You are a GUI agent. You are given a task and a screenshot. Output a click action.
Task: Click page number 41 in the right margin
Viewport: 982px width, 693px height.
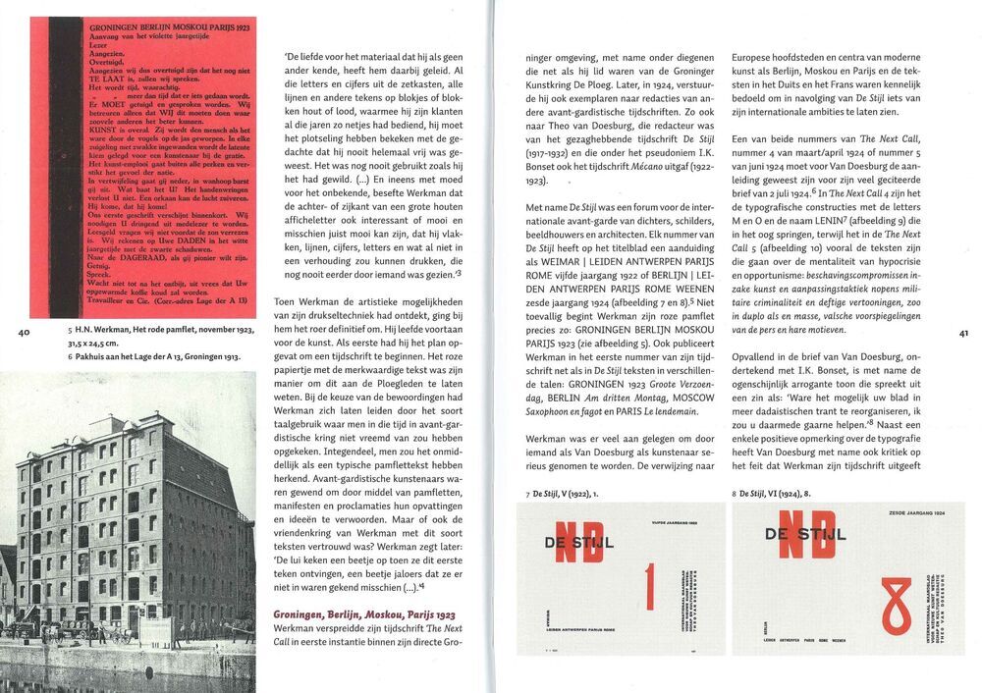click(x=963, y=333)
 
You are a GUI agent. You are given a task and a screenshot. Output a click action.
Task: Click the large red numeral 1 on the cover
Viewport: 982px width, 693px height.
click(x=647, y=588)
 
